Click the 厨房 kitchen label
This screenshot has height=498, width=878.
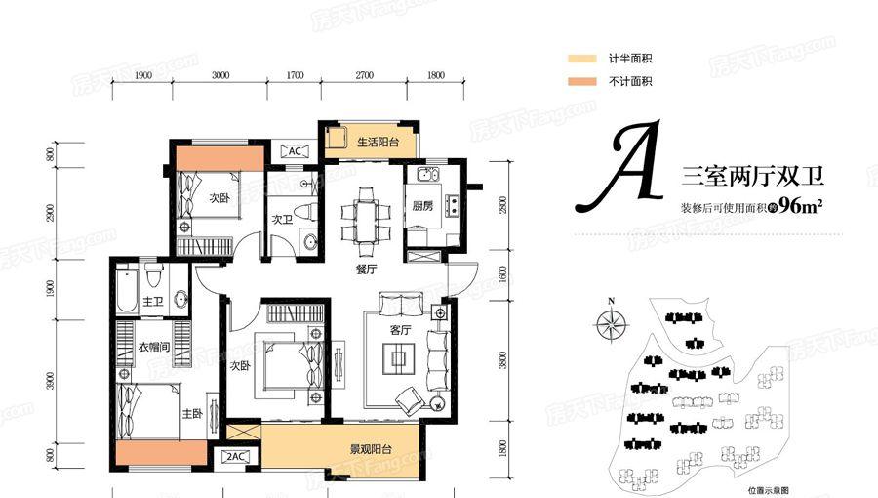(421, 206)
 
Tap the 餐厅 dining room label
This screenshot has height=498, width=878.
(366, 268)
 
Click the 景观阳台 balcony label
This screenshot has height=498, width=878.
(371, 450)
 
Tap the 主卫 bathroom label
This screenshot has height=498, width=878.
(153, 302)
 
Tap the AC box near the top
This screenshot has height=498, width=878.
(294, 151)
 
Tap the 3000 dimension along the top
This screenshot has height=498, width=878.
(221, 75)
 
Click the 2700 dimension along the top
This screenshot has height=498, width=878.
(366, 75)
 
